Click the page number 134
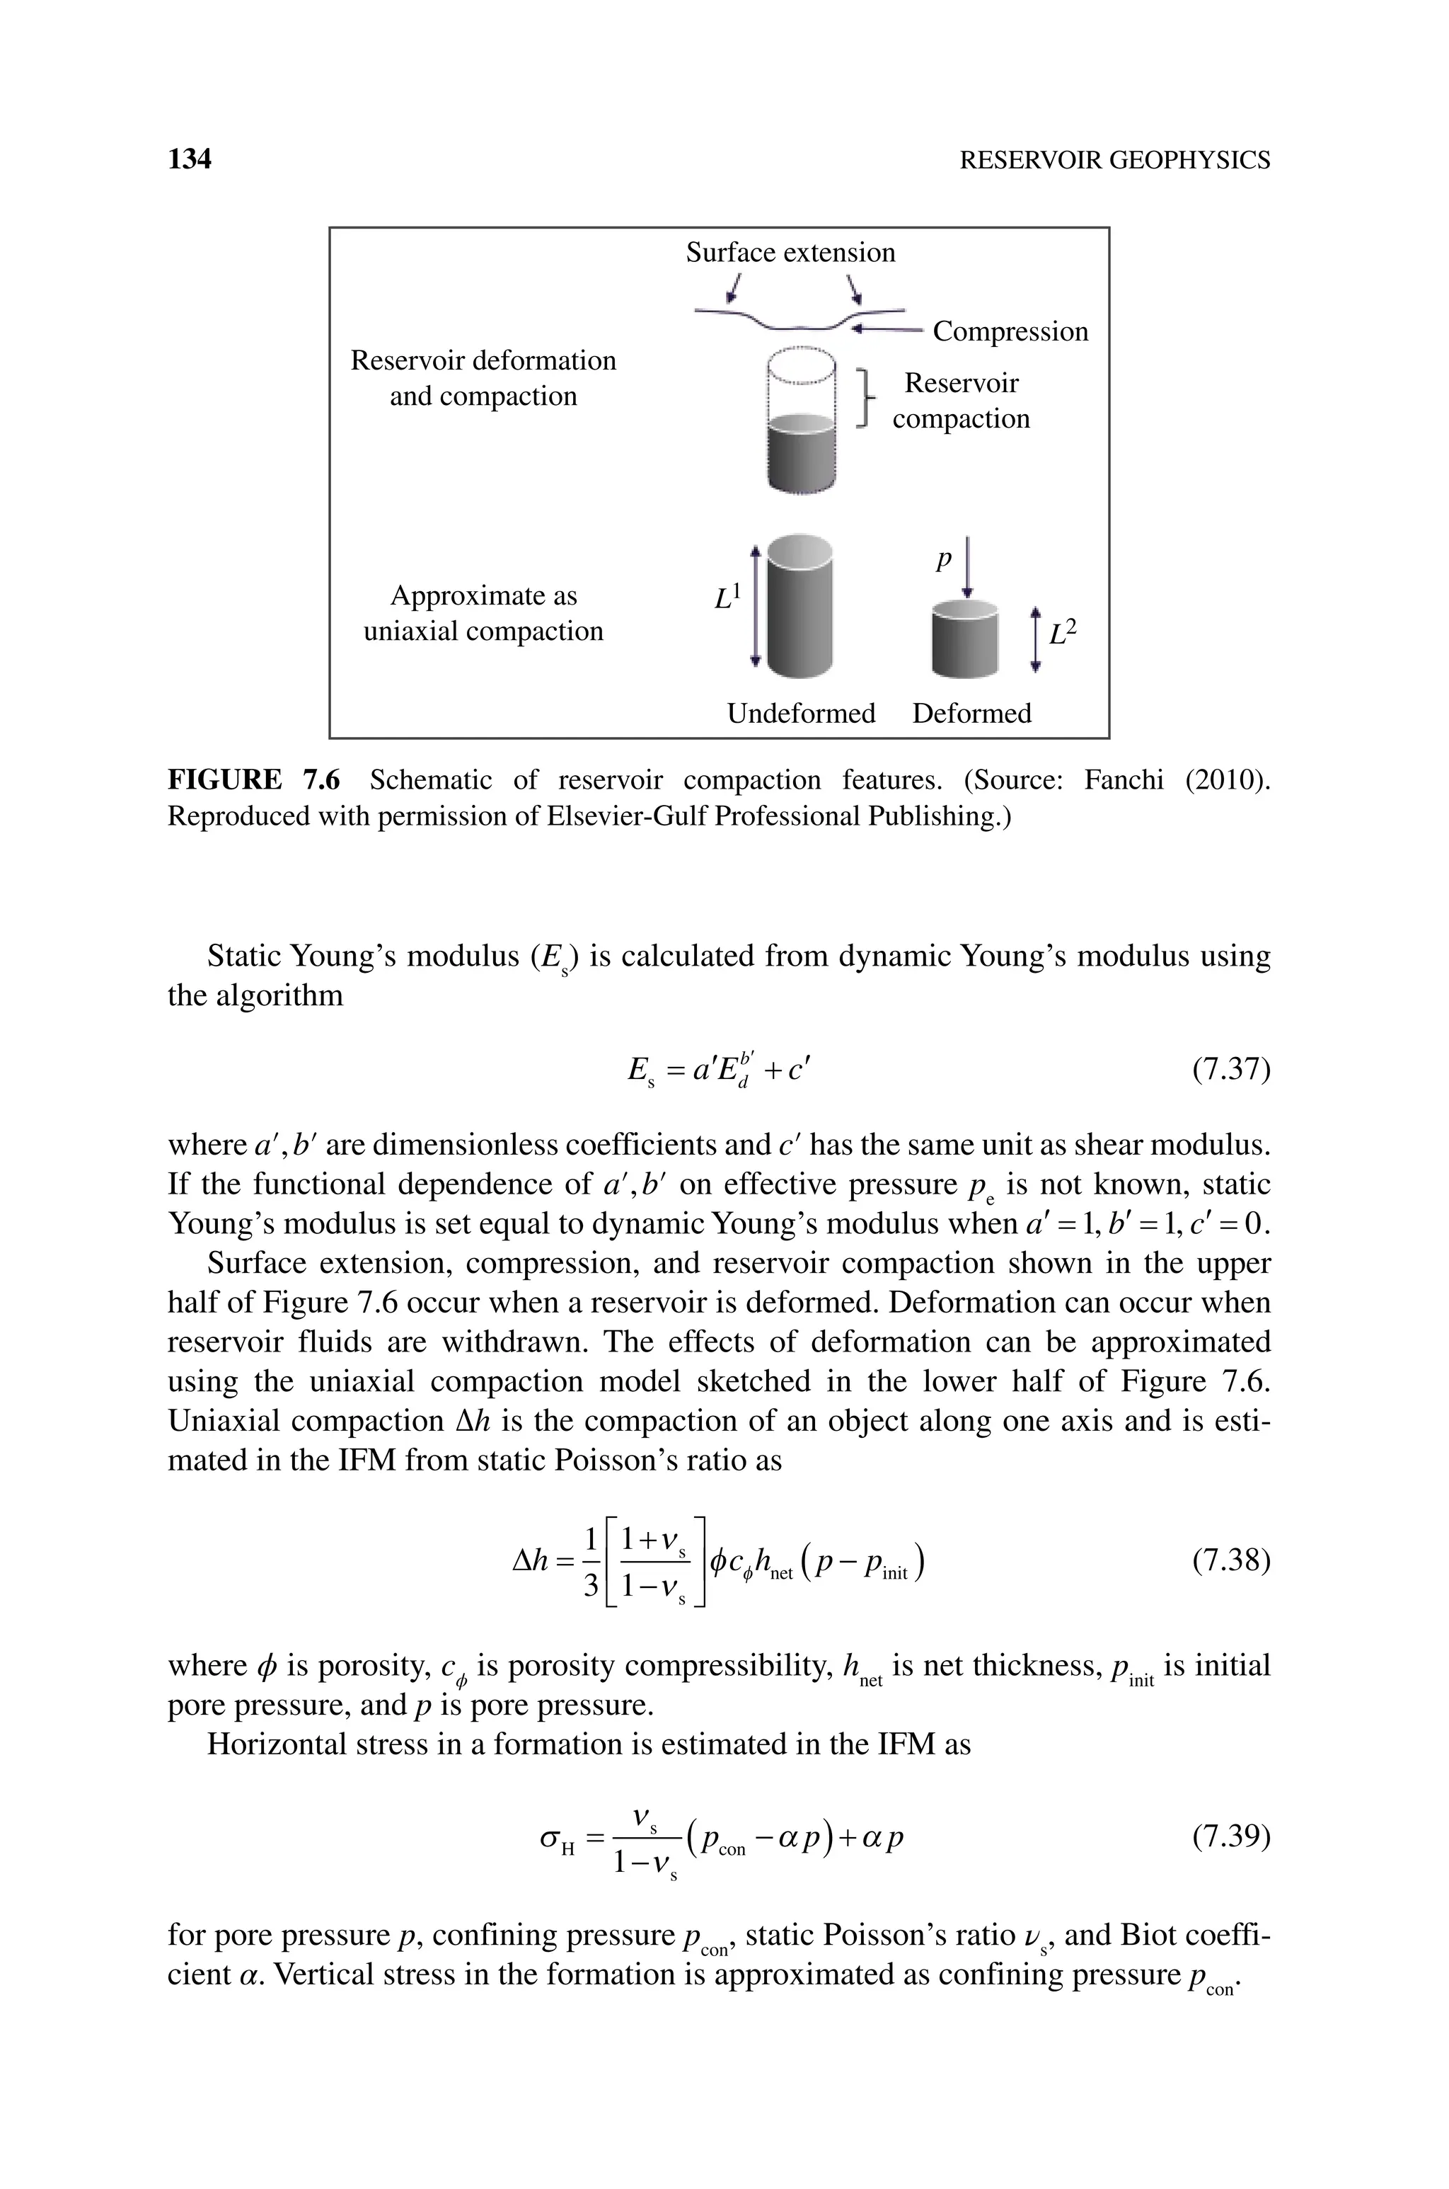click(x=190, y=160)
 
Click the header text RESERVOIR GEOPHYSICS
click(x=1114, y=161)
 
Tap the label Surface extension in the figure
click(x=790, y=252)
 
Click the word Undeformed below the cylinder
click(x=800, y=714)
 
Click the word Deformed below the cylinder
click(x=971, y=714)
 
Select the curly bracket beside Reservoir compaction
click(x=866, y=399)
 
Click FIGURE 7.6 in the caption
click(x=253, y=780)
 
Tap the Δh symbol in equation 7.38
click(x=531, y=1561)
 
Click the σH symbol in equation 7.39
click(x=558, y=1839)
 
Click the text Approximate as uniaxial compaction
click(x=483, y=613)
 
